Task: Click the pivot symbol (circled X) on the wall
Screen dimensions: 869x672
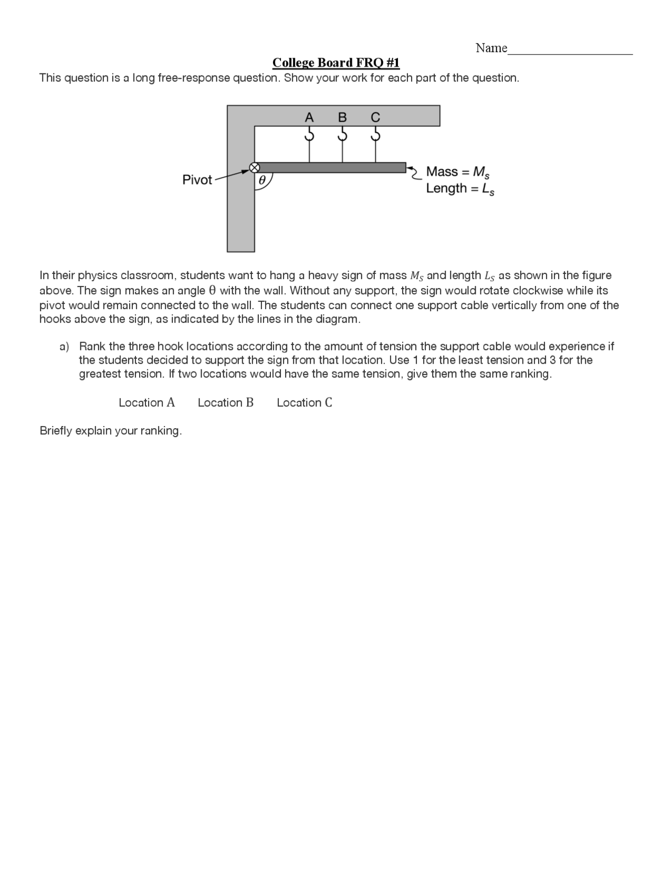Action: click(254, 167)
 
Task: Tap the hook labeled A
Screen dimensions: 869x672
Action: click(309, 135)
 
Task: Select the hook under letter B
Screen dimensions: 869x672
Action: click(342, 135)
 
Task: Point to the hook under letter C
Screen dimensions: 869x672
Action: click(375, 135)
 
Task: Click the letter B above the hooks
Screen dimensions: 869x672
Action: click(342, 117)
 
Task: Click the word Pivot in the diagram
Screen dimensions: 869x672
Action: click(197, 180)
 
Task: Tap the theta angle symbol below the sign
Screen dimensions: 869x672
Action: click(262, 181)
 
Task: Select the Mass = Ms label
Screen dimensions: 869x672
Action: click(458, 172)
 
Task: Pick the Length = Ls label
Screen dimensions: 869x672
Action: click(460, 188)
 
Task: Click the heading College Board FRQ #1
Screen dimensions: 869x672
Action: click(336, 63)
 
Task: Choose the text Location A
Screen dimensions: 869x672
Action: click(146, 402)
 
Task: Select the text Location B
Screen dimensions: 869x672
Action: click(226, 402)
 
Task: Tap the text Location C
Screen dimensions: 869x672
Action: click(304, 402)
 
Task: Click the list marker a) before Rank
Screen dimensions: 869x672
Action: click(64, 346)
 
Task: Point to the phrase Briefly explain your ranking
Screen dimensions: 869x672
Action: click(111, 431)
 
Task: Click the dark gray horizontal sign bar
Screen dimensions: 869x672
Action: click(331, 167)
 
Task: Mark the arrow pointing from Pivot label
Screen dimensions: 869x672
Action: click(231, 174)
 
